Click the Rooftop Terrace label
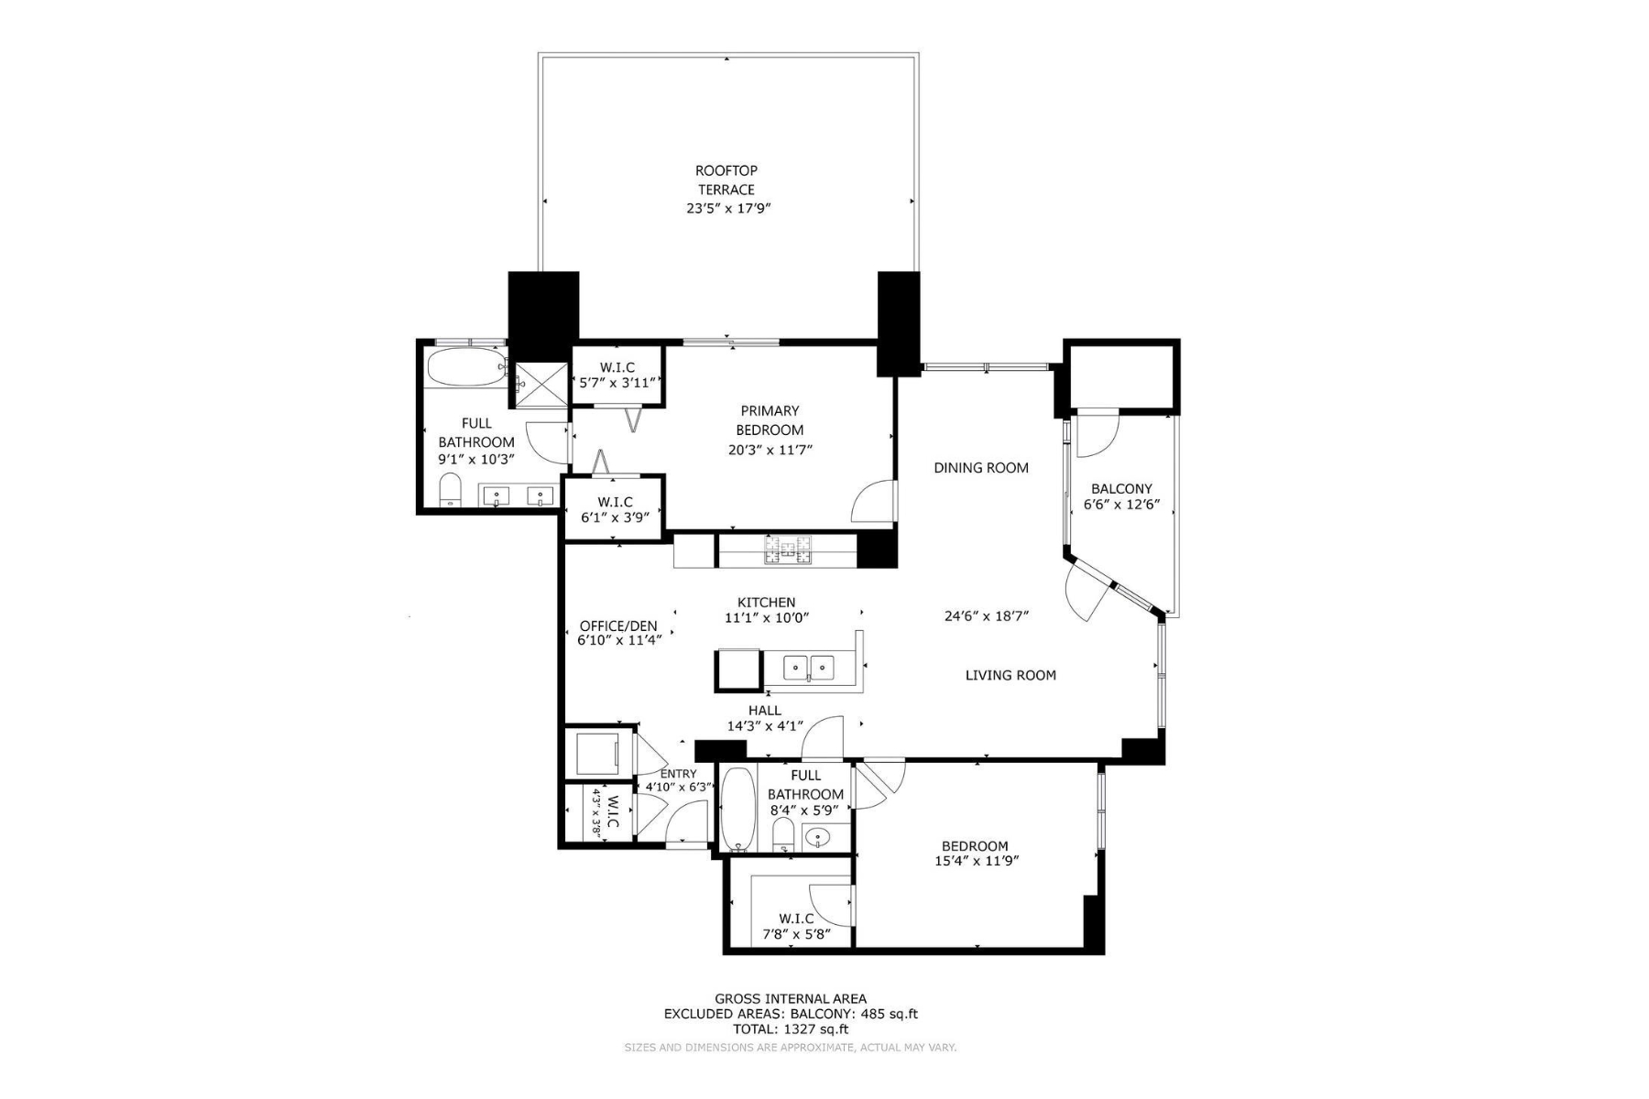click(726, 180)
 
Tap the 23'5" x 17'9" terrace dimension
click(726, 209)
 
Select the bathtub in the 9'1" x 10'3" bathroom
click(465, 367)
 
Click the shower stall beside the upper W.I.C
click(541, 385)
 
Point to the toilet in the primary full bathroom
click(450, 490)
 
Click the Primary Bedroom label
click(770, 420)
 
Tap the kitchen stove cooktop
click(788, 549)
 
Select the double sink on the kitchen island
click(809, 668)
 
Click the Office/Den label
click(618, 626)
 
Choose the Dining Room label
click(981, 468)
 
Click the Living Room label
click(1010, 675)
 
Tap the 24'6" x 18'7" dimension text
click(987, 615)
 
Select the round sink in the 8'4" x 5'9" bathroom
click(817, 837)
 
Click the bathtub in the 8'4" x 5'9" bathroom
click(737, 809)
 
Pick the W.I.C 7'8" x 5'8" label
click(796, 926)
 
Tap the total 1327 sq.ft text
click(790, 1028)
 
